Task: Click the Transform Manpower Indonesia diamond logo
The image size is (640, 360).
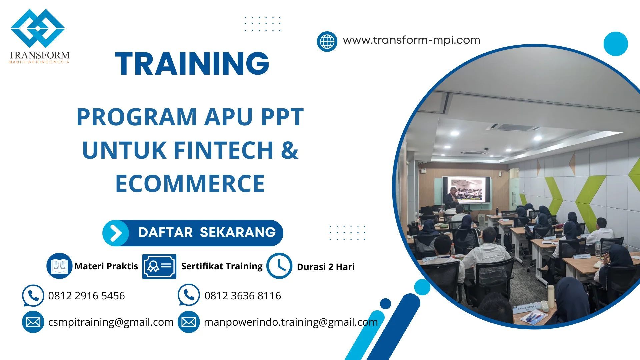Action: [x=38, y=28]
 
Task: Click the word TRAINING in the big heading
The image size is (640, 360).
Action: [x=192, y=63]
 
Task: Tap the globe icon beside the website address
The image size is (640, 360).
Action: [x=327, y=42]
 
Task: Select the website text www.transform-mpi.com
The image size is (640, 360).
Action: [x=411, y=40]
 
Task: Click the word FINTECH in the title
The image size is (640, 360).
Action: [x=224, y=150]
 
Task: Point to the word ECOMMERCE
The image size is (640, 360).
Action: [x=190, y=184]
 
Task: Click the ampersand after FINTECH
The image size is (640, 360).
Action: [x=289, y=150]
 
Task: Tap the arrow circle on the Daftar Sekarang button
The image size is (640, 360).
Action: [x=116, y=233]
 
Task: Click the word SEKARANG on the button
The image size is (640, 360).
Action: [x=238, y=232]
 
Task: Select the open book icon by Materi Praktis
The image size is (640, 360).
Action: [x=59, y=266]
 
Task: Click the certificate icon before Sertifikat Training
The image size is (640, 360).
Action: [x=159, y=266]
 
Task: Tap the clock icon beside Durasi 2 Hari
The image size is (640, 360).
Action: [x=279, y=266]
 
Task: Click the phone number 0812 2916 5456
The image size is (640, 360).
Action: [x=86, y=296]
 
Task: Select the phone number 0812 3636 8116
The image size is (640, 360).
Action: [x=243, y=296]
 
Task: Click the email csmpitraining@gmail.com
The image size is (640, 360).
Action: [x=111, y=322]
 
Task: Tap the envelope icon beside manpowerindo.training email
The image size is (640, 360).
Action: [x=189, y=322]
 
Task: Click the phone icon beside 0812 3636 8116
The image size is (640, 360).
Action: [x=189, y=295]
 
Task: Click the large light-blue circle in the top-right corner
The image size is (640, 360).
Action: [x=616, y=44]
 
